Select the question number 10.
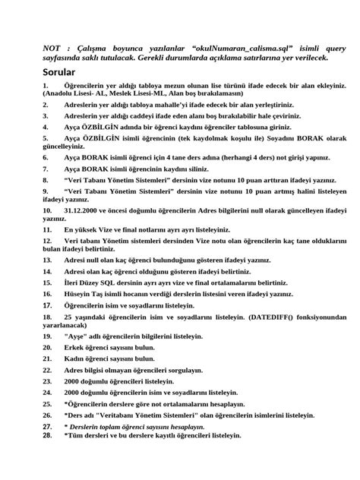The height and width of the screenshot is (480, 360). coord(48,207)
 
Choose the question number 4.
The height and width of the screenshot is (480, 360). coord(46,128)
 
